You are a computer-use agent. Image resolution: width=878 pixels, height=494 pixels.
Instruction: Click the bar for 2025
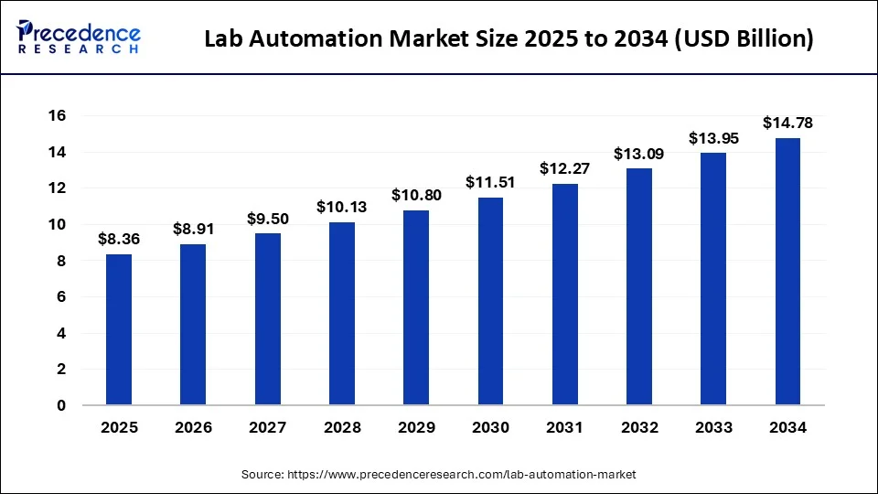click(x=119, y=329)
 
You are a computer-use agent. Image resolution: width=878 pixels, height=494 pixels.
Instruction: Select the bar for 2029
click(x=416, y=307)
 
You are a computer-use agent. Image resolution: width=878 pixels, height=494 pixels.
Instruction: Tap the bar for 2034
click(x=787, y=272)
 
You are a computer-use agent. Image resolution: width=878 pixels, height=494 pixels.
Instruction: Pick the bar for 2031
click(x=564, y=294)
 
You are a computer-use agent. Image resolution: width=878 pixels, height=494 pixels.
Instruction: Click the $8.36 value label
click(x=119, y=240)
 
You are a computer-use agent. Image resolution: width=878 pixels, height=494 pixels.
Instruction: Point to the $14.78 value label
click(x=787, y=123)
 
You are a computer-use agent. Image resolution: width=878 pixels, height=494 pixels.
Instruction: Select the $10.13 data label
click(x=341, y=207)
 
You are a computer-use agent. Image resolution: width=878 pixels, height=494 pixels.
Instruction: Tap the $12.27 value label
click(x=564, y=168)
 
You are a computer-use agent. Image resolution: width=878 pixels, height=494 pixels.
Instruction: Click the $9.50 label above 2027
click(x=267, y=219)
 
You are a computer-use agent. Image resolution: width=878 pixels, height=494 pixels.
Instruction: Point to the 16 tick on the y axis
click(x=59, y=116)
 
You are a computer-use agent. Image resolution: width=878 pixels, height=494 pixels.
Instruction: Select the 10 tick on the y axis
click(x=59, y=224)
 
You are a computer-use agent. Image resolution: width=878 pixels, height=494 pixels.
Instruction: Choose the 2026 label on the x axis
click(x=193, y=427)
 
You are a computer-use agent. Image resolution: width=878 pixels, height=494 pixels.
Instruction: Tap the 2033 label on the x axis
click(x=713, y=427)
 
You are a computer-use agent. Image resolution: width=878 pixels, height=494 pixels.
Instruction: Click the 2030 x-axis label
click(x=490, y=427)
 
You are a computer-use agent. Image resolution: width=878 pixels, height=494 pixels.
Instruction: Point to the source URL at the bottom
click(x=439, y=475)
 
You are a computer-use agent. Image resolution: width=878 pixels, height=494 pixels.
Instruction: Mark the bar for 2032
click(x=639, y=286)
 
